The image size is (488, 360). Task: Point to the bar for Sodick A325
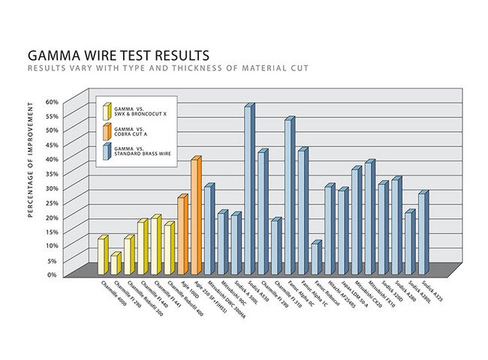tap(422, 232)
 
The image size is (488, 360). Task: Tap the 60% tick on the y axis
tap(53, 101)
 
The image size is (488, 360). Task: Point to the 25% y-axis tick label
tap(53, 202)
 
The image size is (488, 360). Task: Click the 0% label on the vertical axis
tap(54, 274)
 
